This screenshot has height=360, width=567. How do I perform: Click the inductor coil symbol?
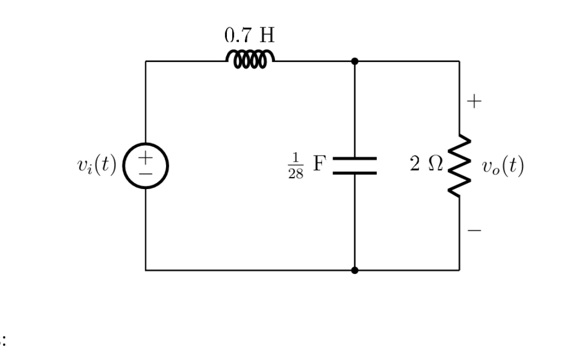click(250, 59)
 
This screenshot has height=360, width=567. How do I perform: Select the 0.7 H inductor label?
click(249, 36)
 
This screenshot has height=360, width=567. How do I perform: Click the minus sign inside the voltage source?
click(145, 173)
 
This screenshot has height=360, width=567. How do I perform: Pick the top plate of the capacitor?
click(354, 159)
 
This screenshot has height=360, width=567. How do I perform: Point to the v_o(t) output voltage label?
click(503, 165)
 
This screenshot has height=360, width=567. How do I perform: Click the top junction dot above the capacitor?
click(354, 61)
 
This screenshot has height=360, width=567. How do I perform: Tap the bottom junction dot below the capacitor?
click(354, 270)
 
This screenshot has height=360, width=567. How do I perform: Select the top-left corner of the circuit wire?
click(146, 61)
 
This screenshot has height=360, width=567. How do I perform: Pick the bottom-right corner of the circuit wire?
click(459, 270)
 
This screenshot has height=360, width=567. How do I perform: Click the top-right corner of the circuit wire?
click(459, 61)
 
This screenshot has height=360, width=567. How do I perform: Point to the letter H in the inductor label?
click(267, 36)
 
